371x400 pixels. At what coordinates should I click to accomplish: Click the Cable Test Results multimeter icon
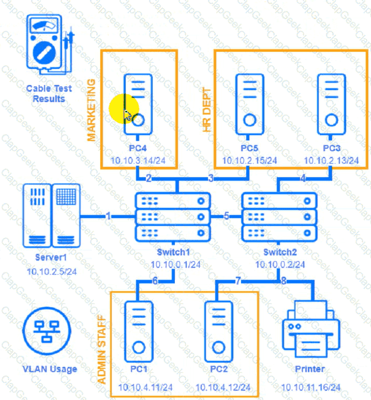click(50, 44)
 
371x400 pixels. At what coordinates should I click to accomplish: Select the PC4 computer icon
click(138, 103)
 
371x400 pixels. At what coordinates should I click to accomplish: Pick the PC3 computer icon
click(331, 103)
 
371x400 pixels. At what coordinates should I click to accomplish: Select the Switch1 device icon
click(173, 216)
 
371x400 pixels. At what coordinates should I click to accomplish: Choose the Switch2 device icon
click(279, 216)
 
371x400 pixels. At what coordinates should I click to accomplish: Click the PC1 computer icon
click(138, 332)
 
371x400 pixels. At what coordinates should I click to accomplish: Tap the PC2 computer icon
click(219, 332)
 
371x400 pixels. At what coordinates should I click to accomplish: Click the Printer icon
click(309, 330)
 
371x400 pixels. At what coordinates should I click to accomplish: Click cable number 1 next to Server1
click(108, 216)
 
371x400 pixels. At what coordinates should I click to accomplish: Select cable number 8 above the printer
click(283, 281)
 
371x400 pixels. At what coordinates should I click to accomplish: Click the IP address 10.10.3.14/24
click(138, 161)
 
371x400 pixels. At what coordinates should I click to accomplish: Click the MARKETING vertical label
click(92, 110)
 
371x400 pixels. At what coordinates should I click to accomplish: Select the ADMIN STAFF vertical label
click(102, 349)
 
